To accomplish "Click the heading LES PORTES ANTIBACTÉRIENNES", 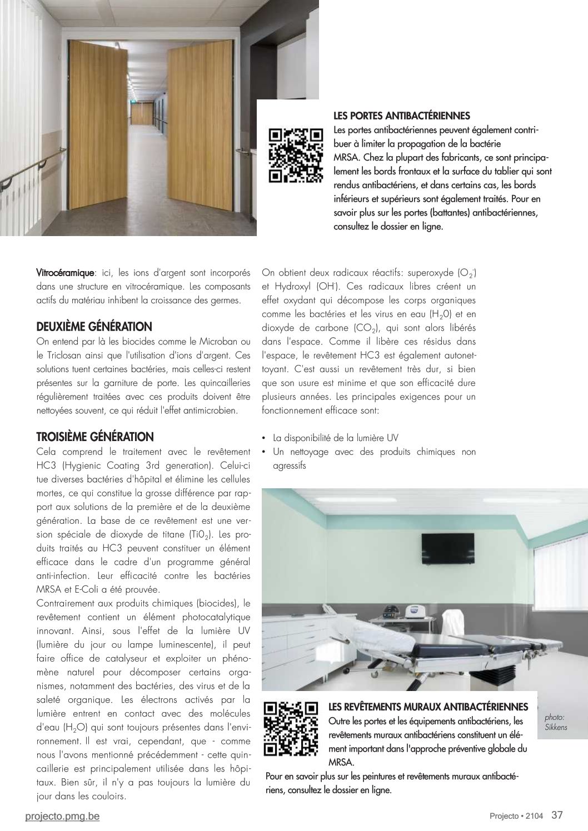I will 401,116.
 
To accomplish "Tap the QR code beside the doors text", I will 296,155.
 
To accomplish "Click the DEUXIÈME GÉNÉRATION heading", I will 94,326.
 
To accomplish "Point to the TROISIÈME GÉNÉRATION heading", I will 94,437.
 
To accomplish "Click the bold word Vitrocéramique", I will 65,273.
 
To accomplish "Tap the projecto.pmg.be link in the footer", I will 63,816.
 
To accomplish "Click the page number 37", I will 557,815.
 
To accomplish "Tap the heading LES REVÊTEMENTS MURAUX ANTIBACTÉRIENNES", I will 428,707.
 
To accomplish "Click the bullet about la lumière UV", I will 335,438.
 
